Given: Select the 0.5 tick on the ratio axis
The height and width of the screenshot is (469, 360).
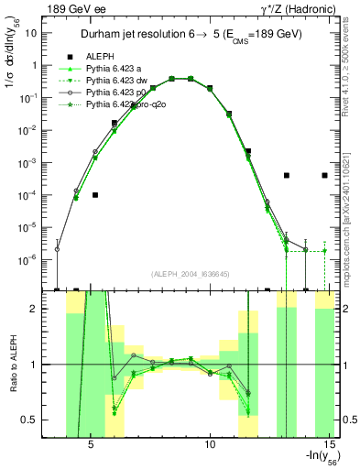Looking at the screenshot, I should coord(34,420).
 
